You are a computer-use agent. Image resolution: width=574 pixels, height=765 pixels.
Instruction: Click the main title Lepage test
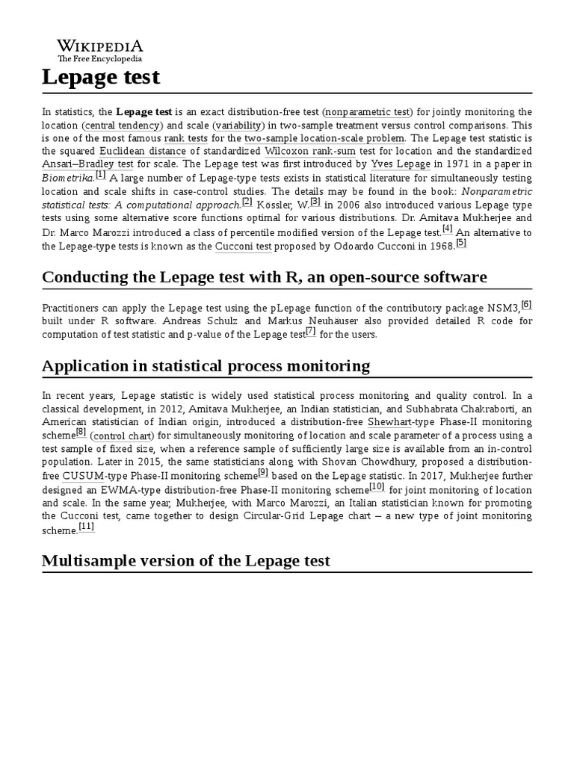pyautogui.click(x=101, y=77)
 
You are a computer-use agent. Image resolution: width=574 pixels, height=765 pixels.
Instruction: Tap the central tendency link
pyautogui.click(x=122, y=125)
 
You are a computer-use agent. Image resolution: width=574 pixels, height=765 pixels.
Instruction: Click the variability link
pyautogui.click(x=238, y=125)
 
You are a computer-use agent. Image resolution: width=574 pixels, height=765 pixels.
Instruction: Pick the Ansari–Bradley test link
pyautogui.click(x=87, y=164)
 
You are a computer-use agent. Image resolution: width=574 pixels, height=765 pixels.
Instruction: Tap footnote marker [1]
pyautogui.click(x=101, y=175)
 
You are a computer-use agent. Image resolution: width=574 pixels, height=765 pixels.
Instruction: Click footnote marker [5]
pyautogui.click(x=460, y=243)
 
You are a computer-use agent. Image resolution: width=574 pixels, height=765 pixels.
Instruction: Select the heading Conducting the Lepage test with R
pyautogui.click(x=265, y=277)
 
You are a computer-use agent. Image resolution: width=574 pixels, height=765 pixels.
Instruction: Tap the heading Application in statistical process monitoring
pyautogui.click(x=206, y=366)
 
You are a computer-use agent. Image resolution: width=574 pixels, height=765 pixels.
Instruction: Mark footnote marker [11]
pyautogui.click(x=87, y=527)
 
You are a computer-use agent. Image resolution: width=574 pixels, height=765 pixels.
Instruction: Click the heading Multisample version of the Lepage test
pyautogui.click(x=186, y=560)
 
